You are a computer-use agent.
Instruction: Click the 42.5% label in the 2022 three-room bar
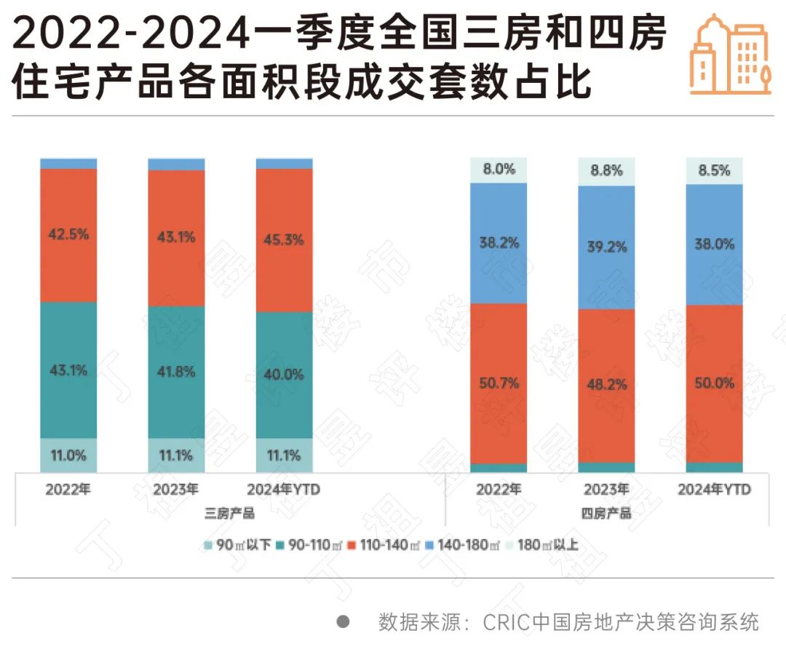pyautogui.click(x=68, y=234)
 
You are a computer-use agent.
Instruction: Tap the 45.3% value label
pyautogui.click(x=285, y=239)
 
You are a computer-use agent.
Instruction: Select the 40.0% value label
pyautogui.click(x=285, y=375)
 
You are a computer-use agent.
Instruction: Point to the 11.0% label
pyautogui.click(x=68, y=456)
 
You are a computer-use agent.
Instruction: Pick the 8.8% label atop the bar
pyautogui.click(x=606, y=171)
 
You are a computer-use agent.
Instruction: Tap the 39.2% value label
pyautogui.click(x=606, y=247)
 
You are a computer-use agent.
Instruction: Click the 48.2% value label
pyautogui.click(x=606, y=384)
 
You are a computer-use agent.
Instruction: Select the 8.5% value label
pyautogui.click(x=714, y=170)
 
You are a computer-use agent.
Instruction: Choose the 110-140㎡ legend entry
pyautogui.click(x=384, y=544)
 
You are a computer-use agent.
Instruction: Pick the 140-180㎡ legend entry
pyautogui.click(x=465, y=544)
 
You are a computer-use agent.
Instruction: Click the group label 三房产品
pyautogui.click(x=229, y=514)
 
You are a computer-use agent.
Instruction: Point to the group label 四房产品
pyautogui.click(x=606, y=514)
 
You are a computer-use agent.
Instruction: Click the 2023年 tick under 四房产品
pyautogui.click(x=606, y=490)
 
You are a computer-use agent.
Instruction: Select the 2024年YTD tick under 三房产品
pyautogui.click(x=285, y=490)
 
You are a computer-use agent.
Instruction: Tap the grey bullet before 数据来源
pyautogui.click(x=344, y=622)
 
